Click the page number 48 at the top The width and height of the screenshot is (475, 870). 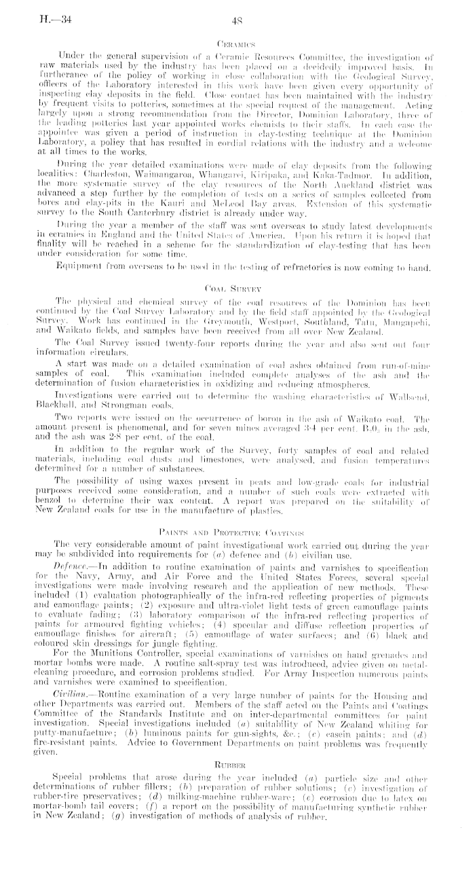coord(237,20)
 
